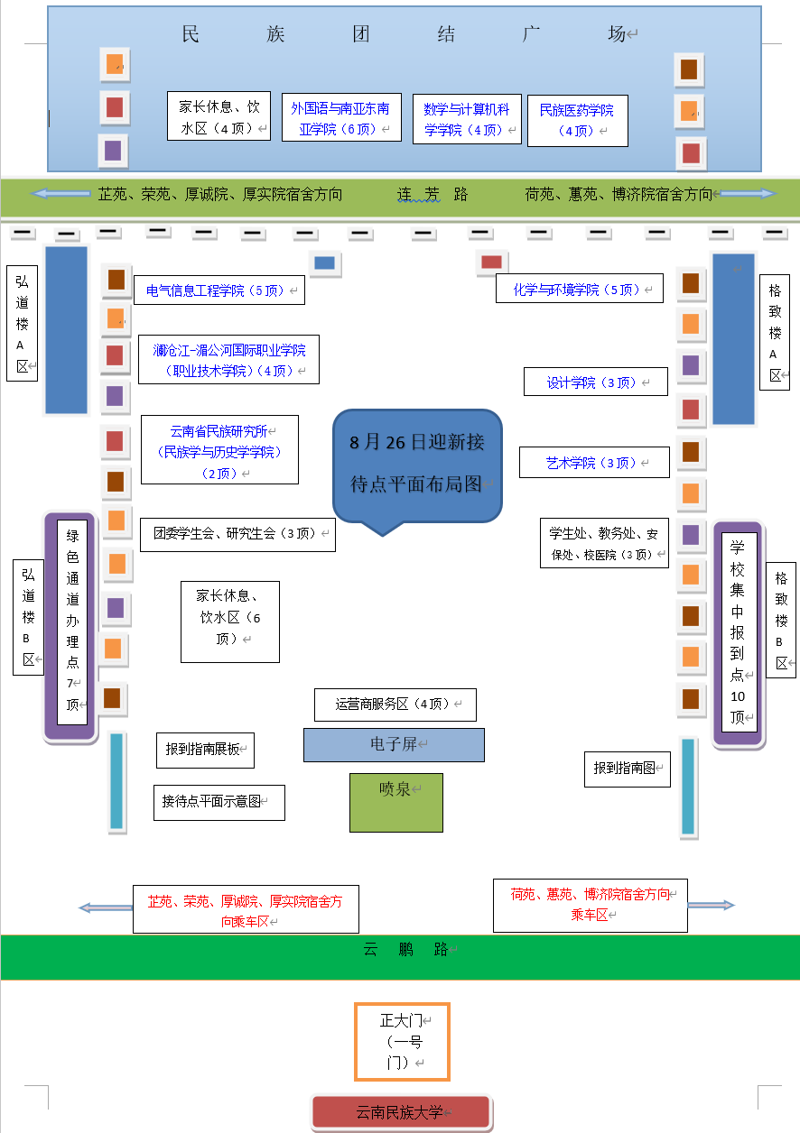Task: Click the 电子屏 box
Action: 394,745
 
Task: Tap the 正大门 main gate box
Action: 402,1041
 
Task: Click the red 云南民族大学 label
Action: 401,1112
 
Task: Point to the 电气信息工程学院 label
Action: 219,290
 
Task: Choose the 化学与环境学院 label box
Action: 579,290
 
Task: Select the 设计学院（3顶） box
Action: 595,382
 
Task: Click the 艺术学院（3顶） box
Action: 593,463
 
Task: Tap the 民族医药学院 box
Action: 577,120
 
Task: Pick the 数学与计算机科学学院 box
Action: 467,119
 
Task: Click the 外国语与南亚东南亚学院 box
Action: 340,118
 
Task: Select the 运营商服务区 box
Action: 395,705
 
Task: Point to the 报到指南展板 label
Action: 205,750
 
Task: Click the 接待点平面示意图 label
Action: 219,802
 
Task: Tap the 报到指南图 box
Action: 627,769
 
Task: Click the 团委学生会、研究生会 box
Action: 237,534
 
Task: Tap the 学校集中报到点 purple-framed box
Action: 739,632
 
